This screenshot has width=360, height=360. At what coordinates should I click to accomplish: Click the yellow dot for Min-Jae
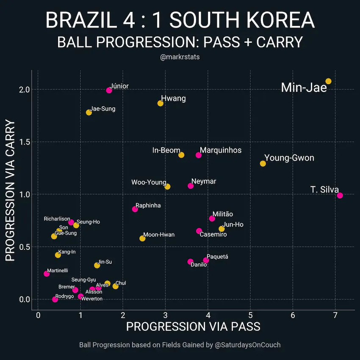click(x=328, y=81)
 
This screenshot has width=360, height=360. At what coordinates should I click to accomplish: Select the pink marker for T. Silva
click(x=340, y=195)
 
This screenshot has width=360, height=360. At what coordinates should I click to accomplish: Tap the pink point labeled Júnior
click(x=109, y=90)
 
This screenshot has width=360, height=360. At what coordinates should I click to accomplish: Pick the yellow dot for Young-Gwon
click(x=263, y=163)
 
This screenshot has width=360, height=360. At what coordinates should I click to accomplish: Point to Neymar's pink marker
click(x=191, y=186)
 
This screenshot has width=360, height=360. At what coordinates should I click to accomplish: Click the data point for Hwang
click(x=160, y=103)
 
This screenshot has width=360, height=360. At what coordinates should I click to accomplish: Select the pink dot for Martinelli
click(x=47, y=274)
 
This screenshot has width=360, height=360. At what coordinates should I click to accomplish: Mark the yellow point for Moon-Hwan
click(x=142, y=238)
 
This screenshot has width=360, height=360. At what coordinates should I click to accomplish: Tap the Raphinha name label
click(x=148, y=205)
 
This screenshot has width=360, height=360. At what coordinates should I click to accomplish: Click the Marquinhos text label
click(x=220, y=150)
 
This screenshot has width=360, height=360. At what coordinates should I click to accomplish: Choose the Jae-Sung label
click(x=103, y=109)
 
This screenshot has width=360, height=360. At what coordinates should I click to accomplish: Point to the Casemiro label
click(x=213, y=235)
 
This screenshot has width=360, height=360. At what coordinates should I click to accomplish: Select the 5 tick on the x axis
click(x=250, y=316)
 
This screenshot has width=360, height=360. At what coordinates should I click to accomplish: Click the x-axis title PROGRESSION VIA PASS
click(x=193, y=327)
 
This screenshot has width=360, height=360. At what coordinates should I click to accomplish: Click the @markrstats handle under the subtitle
click(x=180, y=57)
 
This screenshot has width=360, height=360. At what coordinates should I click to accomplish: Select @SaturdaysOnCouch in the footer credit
click(x=247, y=345)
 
